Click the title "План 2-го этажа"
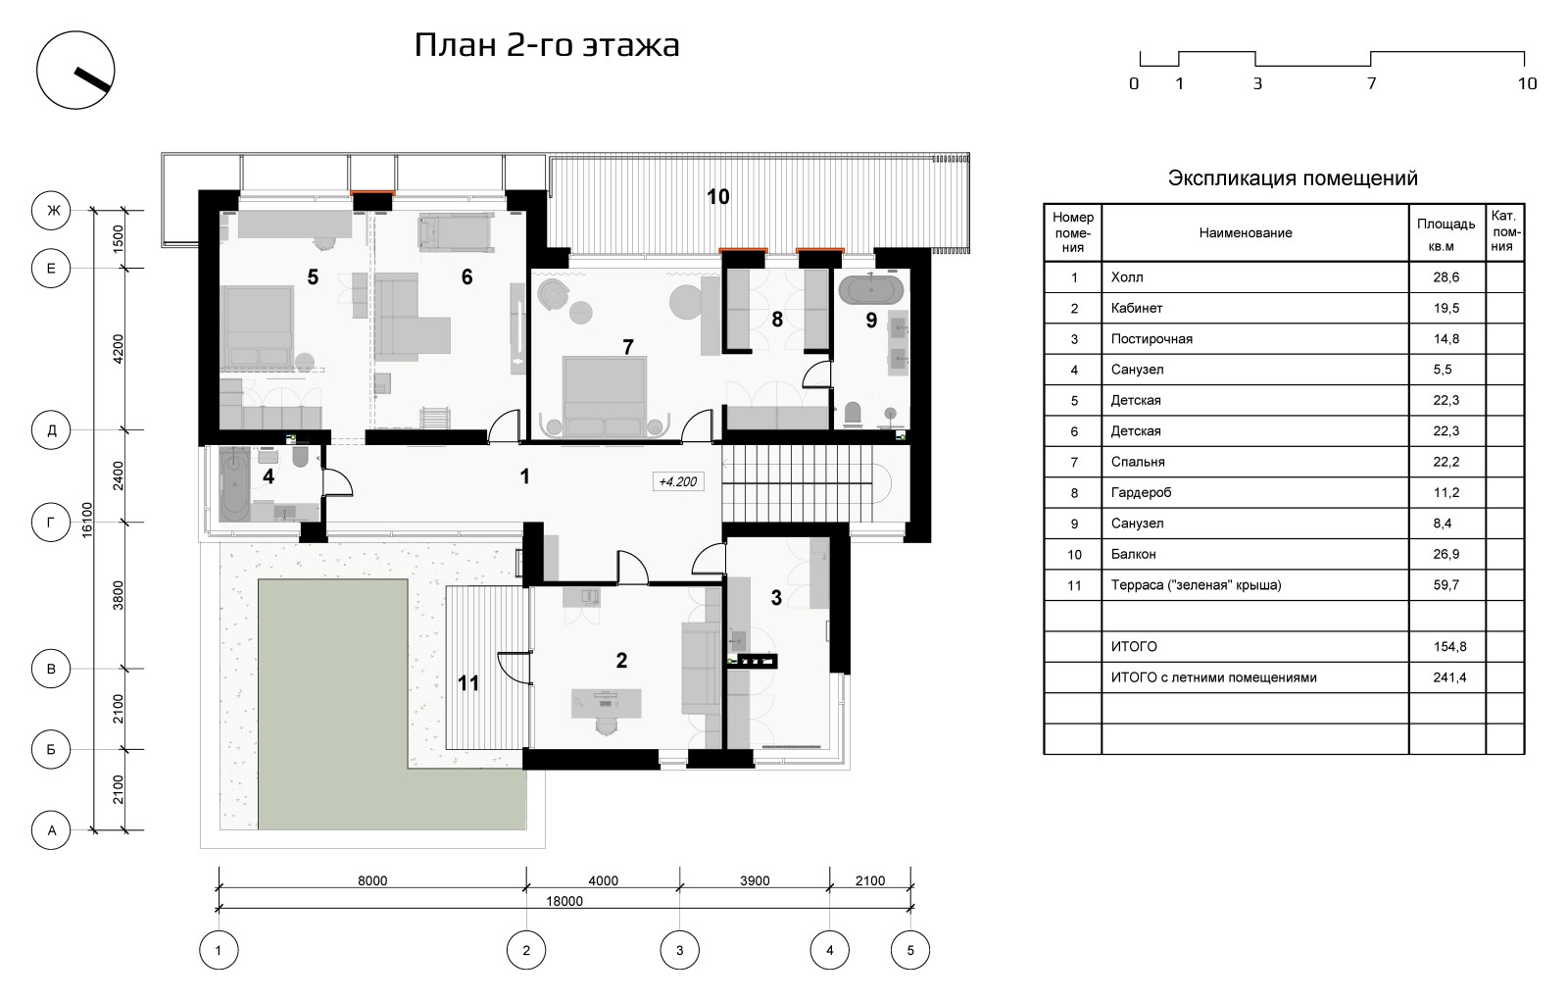[x=546, y=45]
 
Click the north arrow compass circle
[x=75, y=71]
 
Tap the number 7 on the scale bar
[x=1371, y=84]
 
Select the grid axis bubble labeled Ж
[x=51, y=210]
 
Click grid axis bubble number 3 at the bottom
[x=679, y=949]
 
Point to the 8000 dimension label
[x=371, y=880]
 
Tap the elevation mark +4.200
[x=678, y=481]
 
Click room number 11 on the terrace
[x=468, y=682]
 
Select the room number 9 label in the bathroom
[x=871, y=320]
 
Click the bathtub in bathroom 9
[x=872, y=290]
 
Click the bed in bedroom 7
[x=604, y=392]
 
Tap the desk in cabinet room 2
[x=607, y=702]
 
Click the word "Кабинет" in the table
[x=1137, y=308]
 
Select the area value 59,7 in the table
[x=1446, y=585]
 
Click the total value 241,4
[x=1449, y=677]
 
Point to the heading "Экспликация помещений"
[x=1293, y=178]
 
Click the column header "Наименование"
[x=1245, y=233]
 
